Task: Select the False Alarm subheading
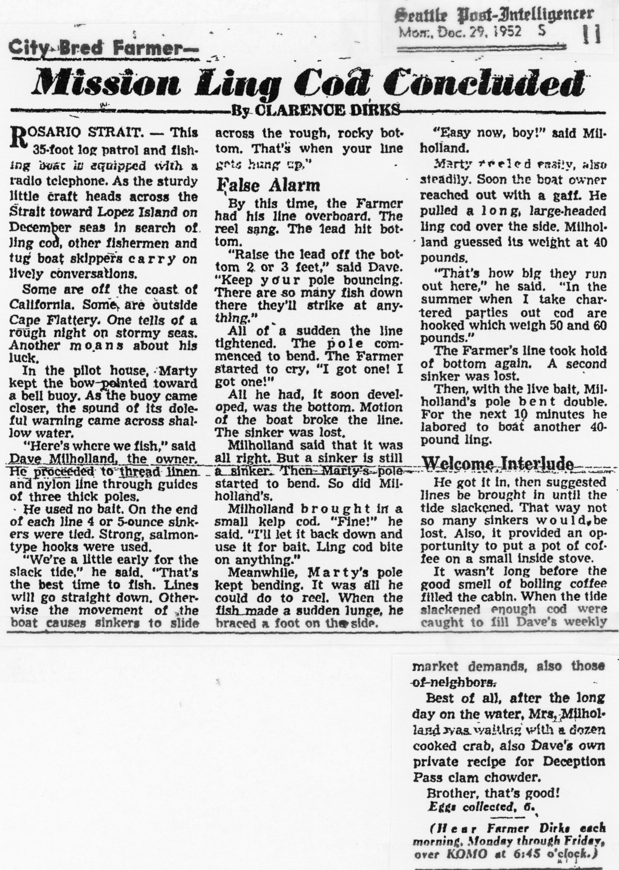click(269, 186)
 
